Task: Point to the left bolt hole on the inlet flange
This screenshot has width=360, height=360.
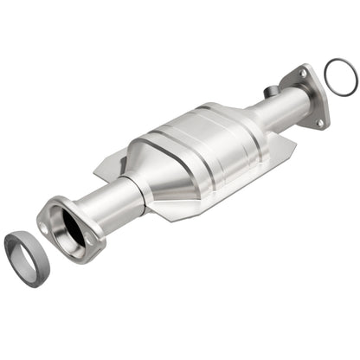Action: point(43,228)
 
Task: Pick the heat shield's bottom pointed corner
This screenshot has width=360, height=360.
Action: point(154,235)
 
